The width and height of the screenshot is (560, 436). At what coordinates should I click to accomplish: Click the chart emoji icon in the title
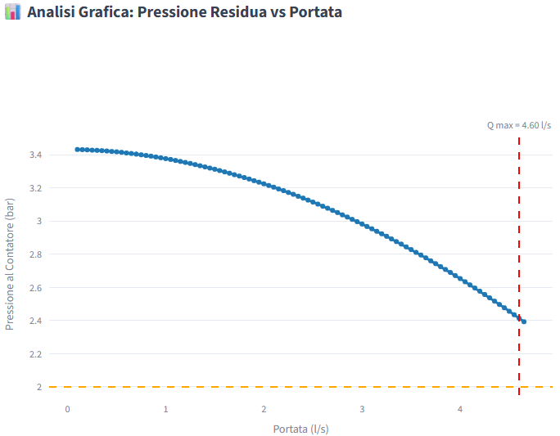pos(12,12)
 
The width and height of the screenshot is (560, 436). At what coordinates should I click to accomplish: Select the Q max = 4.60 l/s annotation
pos(519,125)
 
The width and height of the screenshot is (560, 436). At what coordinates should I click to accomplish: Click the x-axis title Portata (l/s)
pos(300,429)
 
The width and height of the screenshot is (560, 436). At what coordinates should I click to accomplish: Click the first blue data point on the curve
pos(77,150)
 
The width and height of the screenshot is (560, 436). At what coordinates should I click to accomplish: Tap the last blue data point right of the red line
pos(524,321)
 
